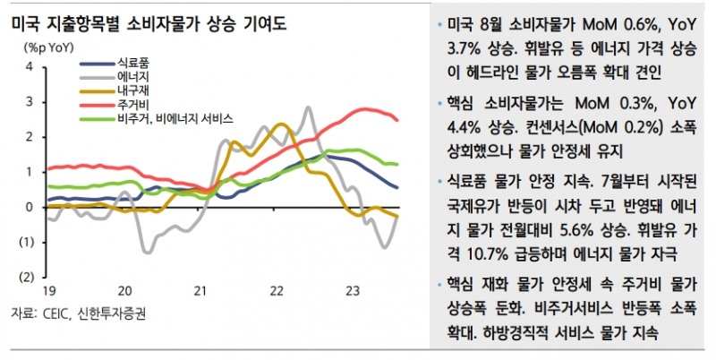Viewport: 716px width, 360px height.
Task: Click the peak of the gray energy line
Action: [x=308, y=108]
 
